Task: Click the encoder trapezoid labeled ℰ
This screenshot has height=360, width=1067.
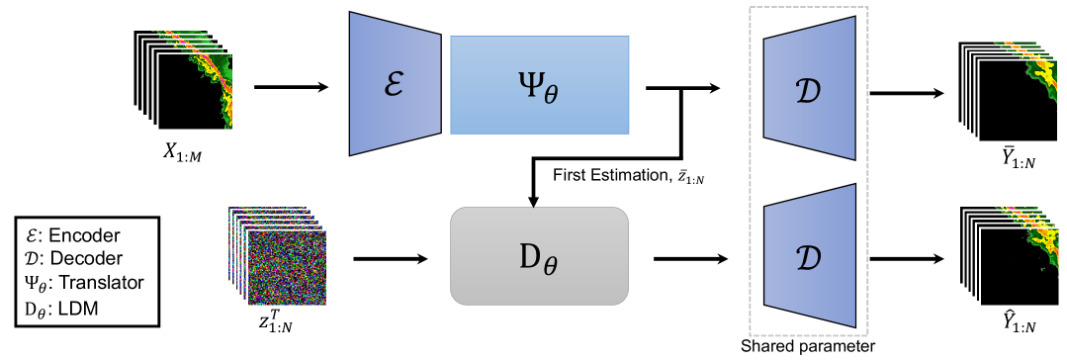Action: (x=394, y=86)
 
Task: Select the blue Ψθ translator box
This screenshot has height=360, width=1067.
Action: (x=539, y=85)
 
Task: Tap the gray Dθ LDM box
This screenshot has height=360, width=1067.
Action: (x=539, y=257)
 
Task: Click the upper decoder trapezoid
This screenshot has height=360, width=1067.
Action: (x=807, y=86)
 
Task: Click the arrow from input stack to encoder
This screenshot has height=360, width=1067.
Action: (x=291, y=87)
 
